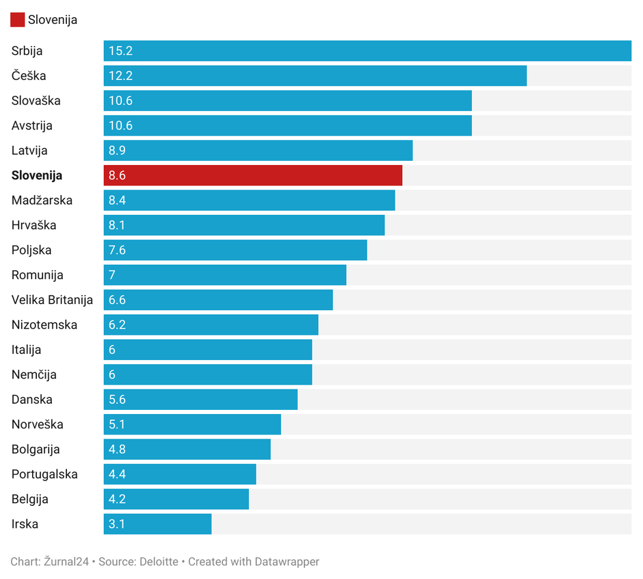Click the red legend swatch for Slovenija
tap(17, 20)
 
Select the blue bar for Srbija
tap(367, 51)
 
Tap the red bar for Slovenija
tap(253, 175)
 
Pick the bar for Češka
tap(315, 76)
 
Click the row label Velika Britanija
tap(52, 300)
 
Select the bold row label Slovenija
tap(37, 175)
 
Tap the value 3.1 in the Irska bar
tap(117, 524)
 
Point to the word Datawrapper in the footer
tap(287, 562)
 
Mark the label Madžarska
tap(42, 201)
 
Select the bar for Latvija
tap(258, 151)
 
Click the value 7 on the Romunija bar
tap(112, 275)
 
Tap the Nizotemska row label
tap(44, 325)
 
